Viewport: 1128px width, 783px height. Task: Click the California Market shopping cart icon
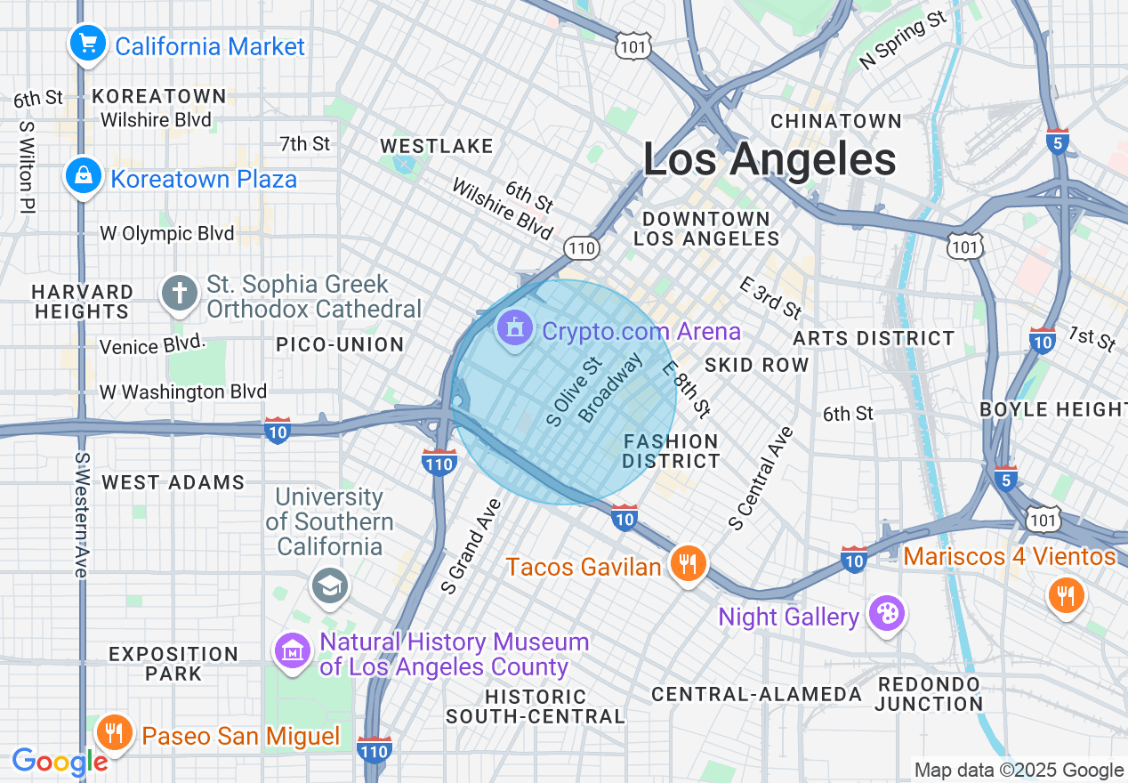tap(87, 44)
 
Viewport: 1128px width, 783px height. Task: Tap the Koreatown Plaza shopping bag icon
tap(83, 177)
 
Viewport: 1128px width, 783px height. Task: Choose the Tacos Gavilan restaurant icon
tap(687, 564)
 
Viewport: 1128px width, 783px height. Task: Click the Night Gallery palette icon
tap(886, 615)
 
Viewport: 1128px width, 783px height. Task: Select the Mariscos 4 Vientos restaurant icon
tap(1064, 593)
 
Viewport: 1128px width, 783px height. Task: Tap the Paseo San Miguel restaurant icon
tap(113, 734)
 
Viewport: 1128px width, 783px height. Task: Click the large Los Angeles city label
tap(769, 160)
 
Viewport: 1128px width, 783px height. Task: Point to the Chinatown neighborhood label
tap(836, 121)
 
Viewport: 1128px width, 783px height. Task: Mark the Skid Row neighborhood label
tap(756, 365)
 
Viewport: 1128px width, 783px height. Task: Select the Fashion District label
tap(671, 451)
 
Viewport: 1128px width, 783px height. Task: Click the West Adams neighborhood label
tap(173, 482)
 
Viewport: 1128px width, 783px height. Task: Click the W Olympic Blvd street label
tap(167, 234)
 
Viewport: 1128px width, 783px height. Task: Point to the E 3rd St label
tap(770, 297)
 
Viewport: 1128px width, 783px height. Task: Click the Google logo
tap(60, 762)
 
